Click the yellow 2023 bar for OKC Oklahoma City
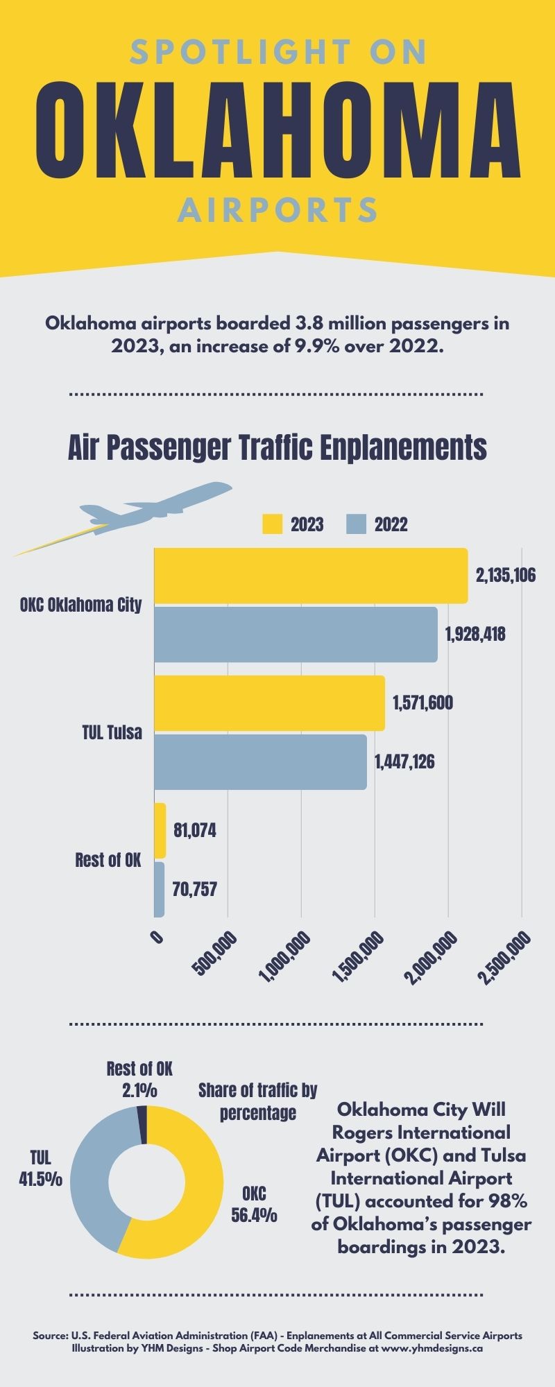[311, 576]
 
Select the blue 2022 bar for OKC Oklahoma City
[296, 635]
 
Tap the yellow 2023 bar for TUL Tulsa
[269, 703]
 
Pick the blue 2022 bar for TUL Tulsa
[260, 762]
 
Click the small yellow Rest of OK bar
[160, 830]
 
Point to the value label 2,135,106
[505, 576]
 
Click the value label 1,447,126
[404, 762]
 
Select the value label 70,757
[194, 889]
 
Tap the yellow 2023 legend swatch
[272, 524]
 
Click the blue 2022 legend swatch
[356, 524]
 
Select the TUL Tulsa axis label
[112, 732]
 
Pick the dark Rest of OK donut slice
[142, 1125]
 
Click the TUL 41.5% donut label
[40, 1169]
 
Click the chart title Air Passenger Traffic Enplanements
[277, 448]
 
